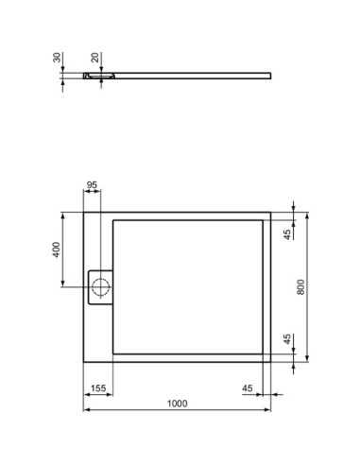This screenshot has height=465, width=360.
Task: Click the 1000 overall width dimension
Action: pyautogui.click(x=177, y=404)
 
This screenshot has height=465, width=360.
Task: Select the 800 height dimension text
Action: pyautogui.click(x=300, y=287)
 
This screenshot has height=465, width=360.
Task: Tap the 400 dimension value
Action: pyautogui.click(x=56, y=250)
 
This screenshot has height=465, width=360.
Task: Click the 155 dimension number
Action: pyautogui.click(x=97, y=388)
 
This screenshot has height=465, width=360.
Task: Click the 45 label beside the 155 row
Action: pyautogui.click(x=248, y=388)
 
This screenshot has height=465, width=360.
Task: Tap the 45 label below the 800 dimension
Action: pyautogui.click(x=287, y=340)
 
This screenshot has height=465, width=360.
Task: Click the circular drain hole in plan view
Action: pyautogui.click(x=100, y=286)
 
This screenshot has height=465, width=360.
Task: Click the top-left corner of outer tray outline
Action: pyautogui.click(x=84, y=212)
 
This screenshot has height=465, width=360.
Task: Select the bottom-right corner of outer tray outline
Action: pyautogui.click(x=270, y=363)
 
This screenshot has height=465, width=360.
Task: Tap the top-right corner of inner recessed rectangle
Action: pyautogui.click(x=262, y=220)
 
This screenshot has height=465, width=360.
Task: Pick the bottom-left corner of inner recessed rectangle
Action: pyautogui.click(x=113, y=353)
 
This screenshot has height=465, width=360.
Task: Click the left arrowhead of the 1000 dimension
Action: pyautogui.click(x=86, y=410)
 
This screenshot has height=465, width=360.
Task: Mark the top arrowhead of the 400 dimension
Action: pyautogui.click(x=63, y=214)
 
